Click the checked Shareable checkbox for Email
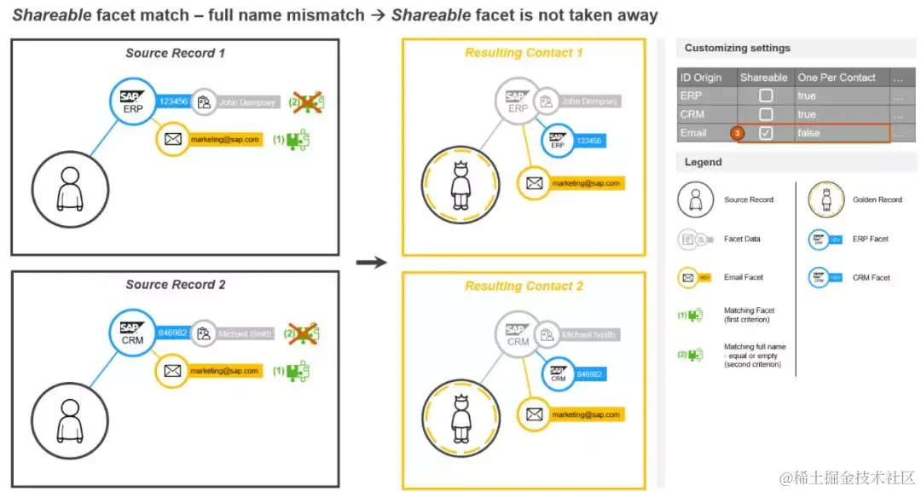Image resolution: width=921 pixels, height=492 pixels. pos(766,133)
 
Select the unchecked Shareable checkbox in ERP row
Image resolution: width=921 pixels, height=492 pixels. pos(766,96)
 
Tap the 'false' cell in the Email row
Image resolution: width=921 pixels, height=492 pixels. pos(809,133)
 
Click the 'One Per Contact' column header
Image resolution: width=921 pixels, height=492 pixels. pos(837,78)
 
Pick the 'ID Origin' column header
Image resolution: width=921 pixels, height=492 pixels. pos(701,78)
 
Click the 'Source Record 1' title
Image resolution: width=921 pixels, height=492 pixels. pos(175,53)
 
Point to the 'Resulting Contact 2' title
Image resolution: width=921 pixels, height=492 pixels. pos(524,286)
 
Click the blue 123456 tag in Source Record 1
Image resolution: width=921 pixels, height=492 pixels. pos(173,101)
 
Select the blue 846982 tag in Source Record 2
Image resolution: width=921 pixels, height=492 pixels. pos(173,333)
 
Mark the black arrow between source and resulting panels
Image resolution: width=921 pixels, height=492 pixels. pos(371,262)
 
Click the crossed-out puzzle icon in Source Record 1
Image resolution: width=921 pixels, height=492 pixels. pos(309,101)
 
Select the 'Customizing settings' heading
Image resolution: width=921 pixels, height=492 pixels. pos(737,49)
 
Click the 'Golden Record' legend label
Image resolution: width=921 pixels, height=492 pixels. pos(877,200)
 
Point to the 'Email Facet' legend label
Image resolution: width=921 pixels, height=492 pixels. pos(743,277)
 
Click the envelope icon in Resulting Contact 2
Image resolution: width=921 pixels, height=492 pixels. pos(535,414)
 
